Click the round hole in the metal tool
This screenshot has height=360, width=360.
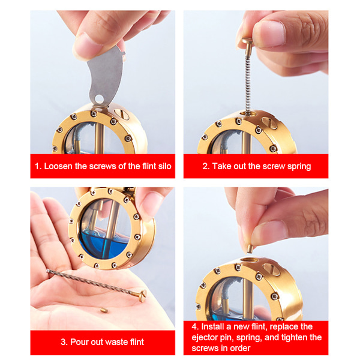click(x=99, y=99)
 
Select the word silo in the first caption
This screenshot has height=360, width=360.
click(x=164, y=166)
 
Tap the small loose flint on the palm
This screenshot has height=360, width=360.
click(x=104, y=310)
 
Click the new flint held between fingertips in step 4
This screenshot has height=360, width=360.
click(x=250, y=248)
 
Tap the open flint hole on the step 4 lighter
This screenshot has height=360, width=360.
click(x=250, y=260)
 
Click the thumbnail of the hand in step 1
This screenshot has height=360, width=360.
click(x=86, y=46)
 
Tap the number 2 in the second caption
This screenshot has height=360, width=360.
click(x=206, y=166)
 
